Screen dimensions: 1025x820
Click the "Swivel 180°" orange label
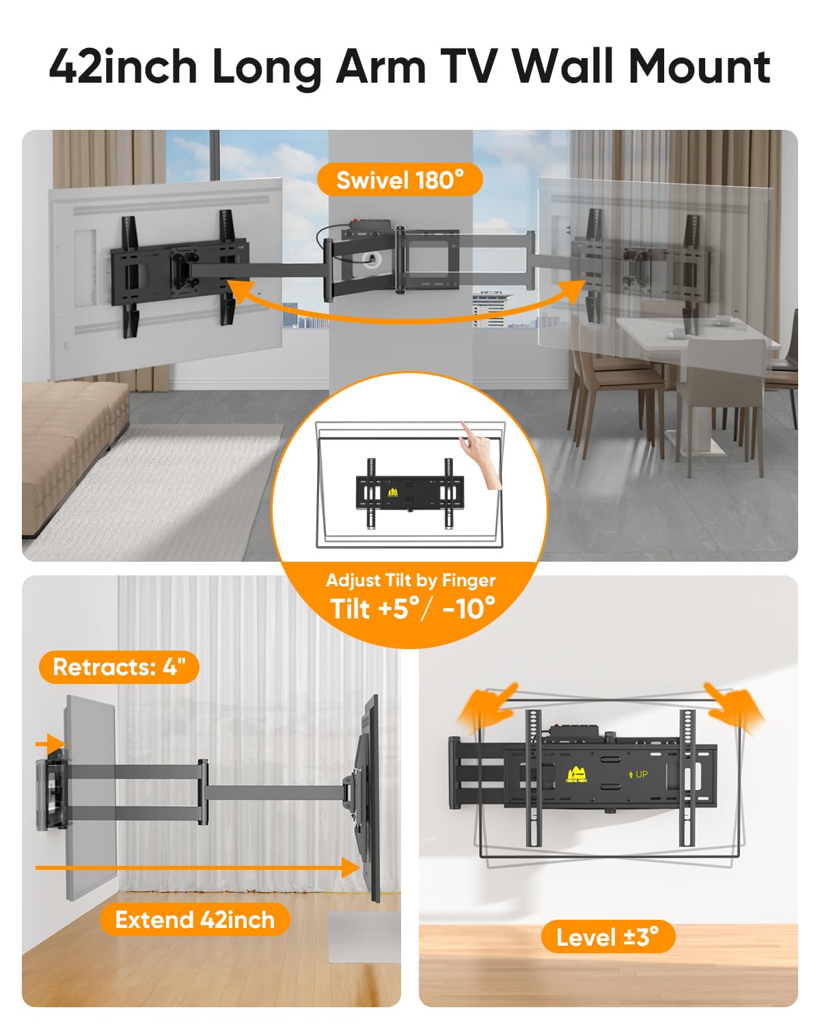(400, 180)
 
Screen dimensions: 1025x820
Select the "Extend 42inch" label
(195, 920)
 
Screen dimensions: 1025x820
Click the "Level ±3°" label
(607, 937)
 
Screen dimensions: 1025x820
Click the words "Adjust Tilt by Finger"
(411, 580)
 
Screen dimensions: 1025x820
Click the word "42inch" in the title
(123, 66)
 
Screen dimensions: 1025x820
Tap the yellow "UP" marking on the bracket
(638, 774)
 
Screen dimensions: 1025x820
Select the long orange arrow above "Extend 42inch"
(198, 868)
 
